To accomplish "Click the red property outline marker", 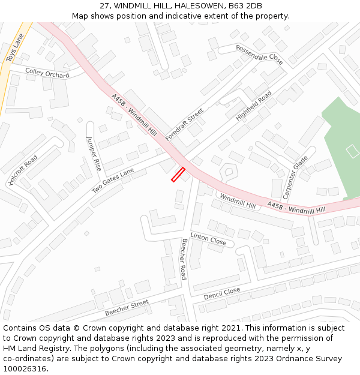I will pyautogui.click(x=178, y=175).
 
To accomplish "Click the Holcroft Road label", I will pyautogui.click(x=23, y=170).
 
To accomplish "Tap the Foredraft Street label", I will pyautogui.click(x=184, y=124).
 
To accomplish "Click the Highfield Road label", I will pyautogui.click(x=253, y=106).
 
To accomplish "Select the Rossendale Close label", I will pyautogui.click(x=259, y=55).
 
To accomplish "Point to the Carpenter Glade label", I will pyautogui.click(x=295, y=177).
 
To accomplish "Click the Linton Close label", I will pyautogui.click(x=208, y=239).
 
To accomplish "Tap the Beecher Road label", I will pyautogui.click(x=184, y=259).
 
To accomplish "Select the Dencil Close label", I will pyautogui.click(x=222, y=293).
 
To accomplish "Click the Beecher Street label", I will pyautogui.click(x=127, y=308).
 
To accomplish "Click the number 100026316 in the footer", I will pyautogui.click(x=25, y=368).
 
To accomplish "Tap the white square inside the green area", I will pyautogui.click(x=353, y=151).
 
